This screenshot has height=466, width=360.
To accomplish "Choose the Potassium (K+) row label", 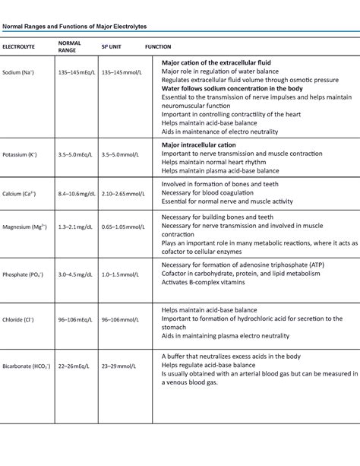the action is click(21, 154).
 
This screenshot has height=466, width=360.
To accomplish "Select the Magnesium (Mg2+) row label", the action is click(24, 227).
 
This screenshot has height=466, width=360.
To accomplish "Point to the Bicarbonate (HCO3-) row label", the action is click(27, 366).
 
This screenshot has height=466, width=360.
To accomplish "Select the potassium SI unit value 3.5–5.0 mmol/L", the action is click(120, 154).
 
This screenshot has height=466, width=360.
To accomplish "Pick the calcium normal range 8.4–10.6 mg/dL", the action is click(75, 194).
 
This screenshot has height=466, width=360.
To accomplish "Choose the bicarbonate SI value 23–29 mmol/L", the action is click(118, 366).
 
